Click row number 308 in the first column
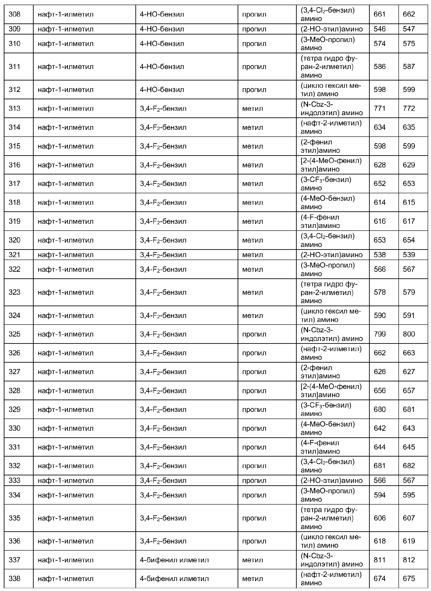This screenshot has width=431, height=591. tap(15, 14)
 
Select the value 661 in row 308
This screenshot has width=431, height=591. tap(380, 14)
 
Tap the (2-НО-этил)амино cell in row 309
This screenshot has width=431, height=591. tap(332, 29)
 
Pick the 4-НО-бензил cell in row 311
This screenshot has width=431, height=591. tap(162, 67)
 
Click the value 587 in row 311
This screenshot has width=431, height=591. tap(409, 67)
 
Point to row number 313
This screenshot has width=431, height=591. tap(15, 109)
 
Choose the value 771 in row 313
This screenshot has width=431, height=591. tap(380, 109)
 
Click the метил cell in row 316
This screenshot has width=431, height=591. tap(252, 165)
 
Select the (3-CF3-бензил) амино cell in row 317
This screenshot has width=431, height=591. tap(326, 184)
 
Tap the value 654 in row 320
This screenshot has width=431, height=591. tap(409, 240)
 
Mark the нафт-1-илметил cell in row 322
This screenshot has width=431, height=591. tap(65, 269)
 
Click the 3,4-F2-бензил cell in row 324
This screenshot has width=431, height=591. tap(163, 316)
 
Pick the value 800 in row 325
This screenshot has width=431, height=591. tap(409, 334)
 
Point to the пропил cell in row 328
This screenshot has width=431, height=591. tap(254, 391)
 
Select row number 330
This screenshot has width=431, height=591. tap(15, 428)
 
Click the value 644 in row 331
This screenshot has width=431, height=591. tap(380, 447)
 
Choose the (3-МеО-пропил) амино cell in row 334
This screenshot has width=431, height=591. tap(328, 495)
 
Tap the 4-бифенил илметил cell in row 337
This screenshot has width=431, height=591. tap(174, 560)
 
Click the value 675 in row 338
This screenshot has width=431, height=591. tap(409, 579)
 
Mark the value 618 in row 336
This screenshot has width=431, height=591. tap(380, 541)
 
